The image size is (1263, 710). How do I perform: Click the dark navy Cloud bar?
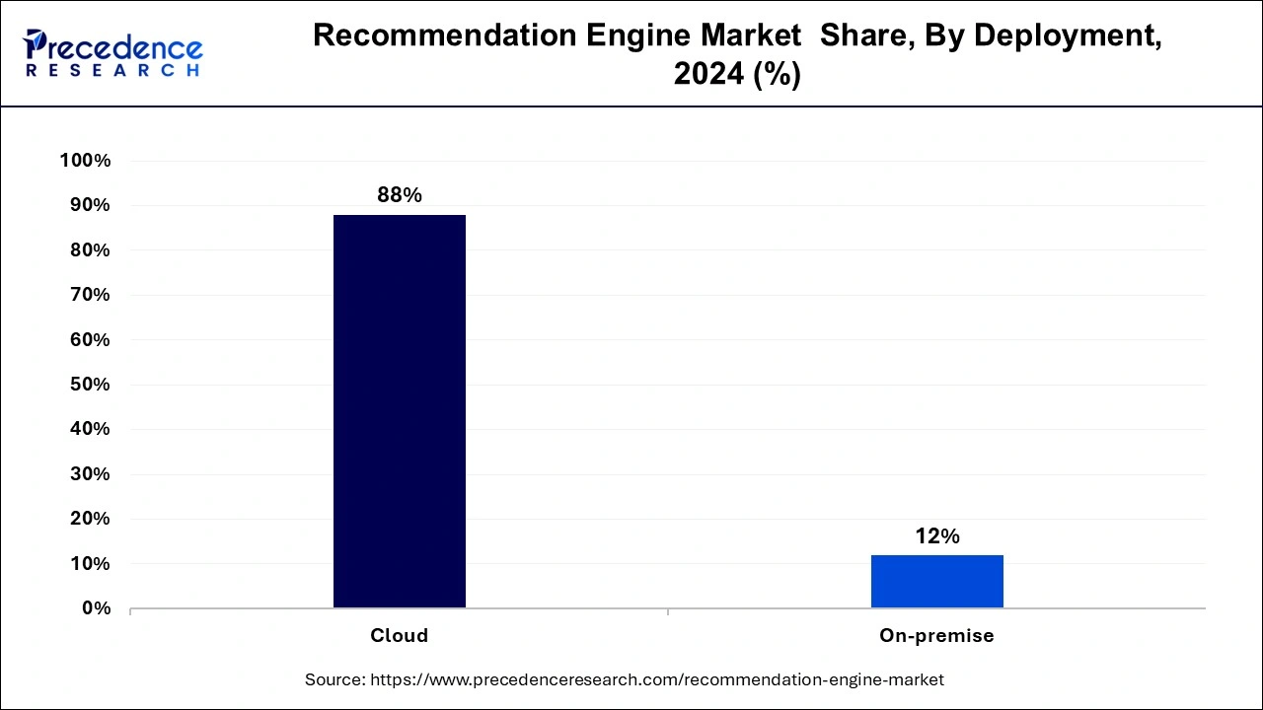pos(399,411)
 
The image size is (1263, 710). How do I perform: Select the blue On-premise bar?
pos(936,582)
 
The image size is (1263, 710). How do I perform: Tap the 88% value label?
pos(399,195)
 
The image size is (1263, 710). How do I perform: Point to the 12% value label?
pos(936,536)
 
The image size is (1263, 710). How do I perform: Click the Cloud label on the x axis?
pos(399,636)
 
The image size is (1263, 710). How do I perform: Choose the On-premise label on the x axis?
pos(936,636)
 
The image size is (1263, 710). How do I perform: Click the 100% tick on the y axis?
pos(86,161)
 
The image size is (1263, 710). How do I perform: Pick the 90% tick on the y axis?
pos(89,205)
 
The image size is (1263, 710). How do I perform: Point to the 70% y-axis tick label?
pos(89,295)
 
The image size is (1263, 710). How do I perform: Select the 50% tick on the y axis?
pos(89,385)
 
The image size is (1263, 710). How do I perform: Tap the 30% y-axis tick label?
pos(89,474)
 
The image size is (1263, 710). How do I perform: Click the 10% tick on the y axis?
pos(89,564)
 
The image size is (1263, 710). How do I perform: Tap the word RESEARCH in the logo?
pos(113,71)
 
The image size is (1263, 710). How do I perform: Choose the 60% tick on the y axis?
pos(89,340)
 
